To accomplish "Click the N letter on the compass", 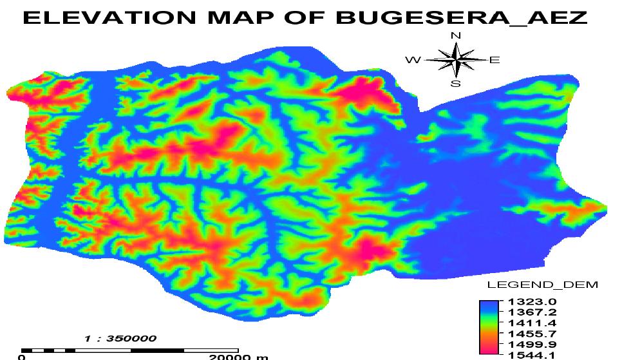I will (x=456, y=35).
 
